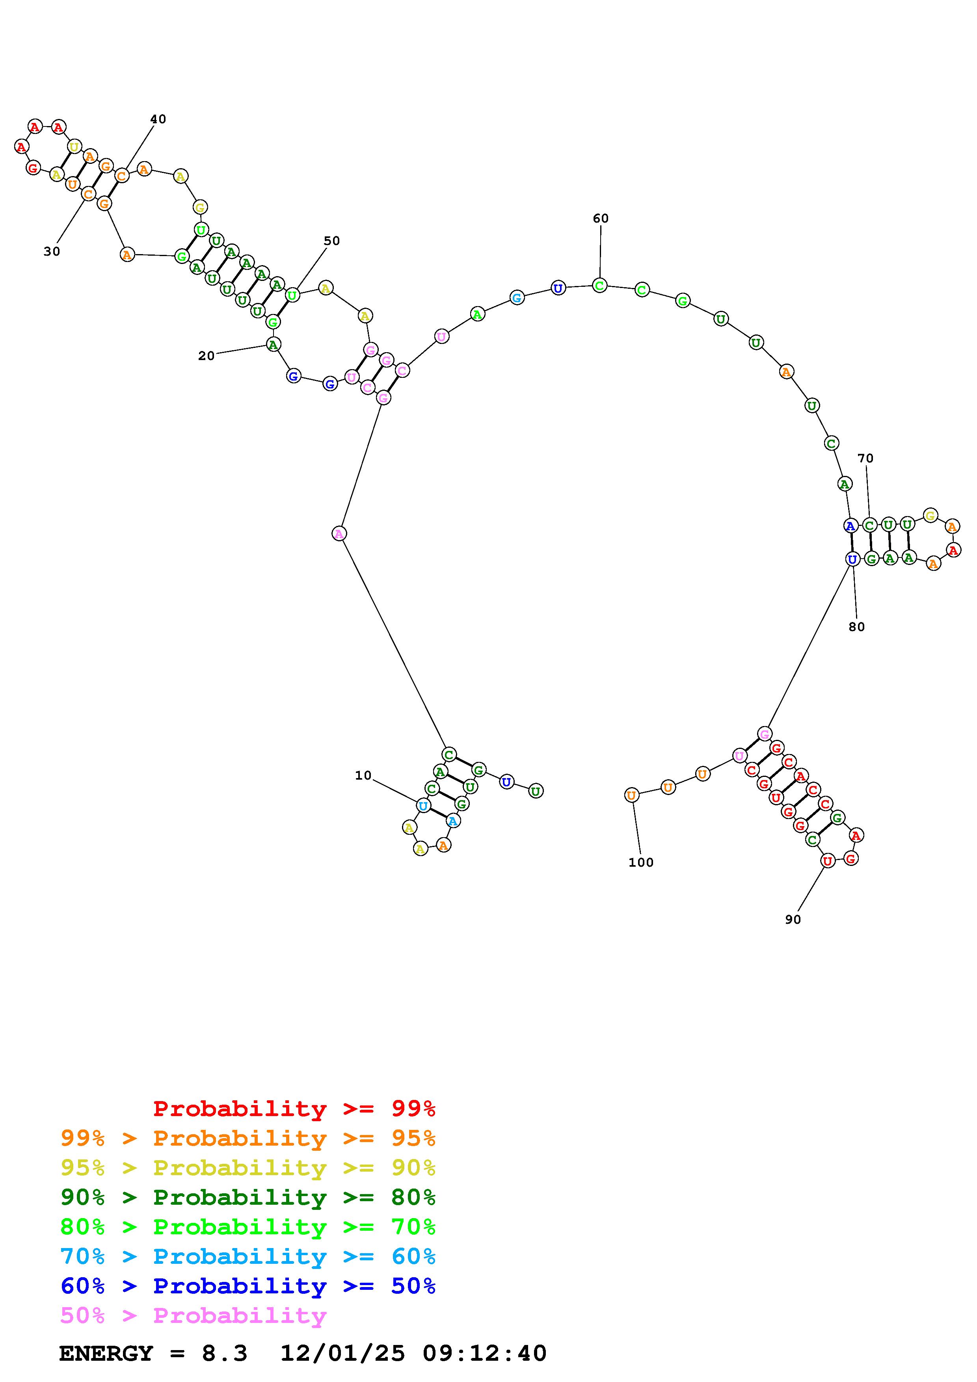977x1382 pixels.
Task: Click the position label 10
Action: [363, 775]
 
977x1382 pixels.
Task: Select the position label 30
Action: [52, 252]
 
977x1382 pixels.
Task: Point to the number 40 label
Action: [158, 119]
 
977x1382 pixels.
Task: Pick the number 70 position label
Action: [865, 458]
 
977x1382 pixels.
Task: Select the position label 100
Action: [640, 862]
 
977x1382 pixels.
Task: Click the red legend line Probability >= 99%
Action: [294, 1108]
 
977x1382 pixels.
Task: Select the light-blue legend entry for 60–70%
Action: [248, 1256]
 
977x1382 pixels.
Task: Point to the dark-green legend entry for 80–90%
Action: [248, 1197]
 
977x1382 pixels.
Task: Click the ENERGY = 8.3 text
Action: [153, 1353]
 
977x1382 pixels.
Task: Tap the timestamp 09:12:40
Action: [485, 1353]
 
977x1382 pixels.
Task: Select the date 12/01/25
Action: [342, 1353]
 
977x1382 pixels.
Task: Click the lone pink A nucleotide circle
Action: [339, 533]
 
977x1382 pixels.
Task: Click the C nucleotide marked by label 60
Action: [599, 285]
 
